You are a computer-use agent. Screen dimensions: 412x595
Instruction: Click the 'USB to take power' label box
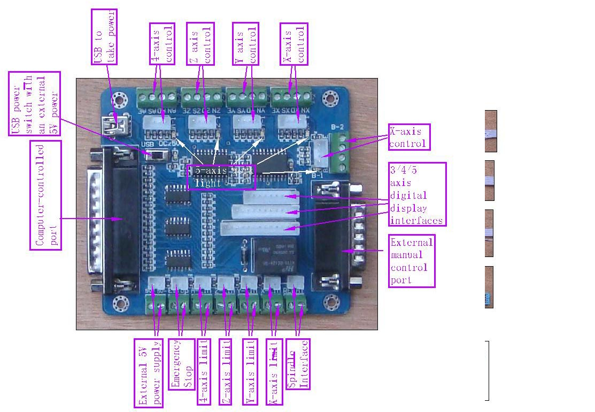105,37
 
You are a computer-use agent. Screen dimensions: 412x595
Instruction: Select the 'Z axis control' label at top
200,44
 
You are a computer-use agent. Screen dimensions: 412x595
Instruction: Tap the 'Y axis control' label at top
246,44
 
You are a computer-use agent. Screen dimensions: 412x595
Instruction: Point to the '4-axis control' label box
162,44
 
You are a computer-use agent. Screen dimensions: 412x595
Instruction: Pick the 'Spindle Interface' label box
298,363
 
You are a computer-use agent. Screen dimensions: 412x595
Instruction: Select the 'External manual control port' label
412,261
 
